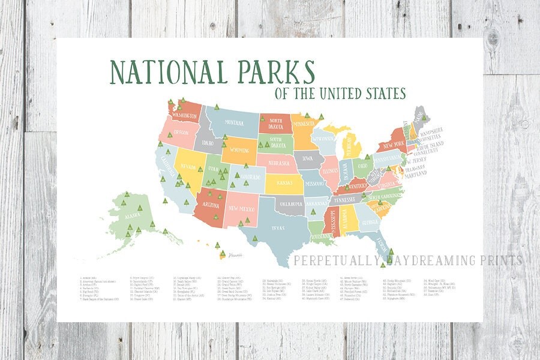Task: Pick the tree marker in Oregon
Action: pos(170,136)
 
